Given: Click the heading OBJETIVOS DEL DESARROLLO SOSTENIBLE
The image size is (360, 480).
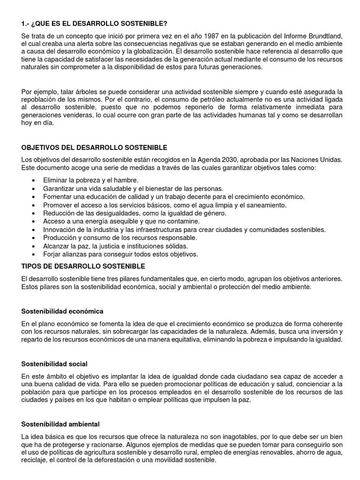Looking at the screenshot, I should coord(94,148).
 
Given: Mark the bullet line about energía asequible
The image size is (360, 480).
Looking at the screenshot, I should coord(121,221).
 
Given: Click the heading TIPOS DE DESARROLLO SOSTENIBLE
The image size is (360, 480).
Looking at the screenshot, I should coord(83,266).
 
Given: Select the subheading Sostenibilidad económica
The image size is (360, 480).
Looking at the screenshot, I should coord(62,311).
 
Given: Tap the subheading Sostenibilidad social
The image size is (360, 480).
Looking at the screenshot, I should coord(54,364).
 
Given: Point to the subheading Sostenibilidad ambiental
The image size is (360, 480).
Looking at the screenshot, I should coord(60,424).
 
